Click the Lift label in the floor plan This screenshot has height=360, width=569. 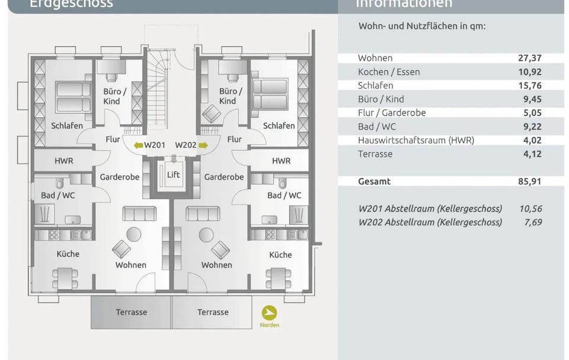click(173, 175)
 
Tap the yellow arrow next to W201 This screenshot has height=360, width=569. click(139, 145)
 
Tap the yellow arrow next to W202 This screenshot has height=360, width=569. click(203, 145)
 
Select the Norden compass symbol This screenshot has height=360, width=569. click(269, 313)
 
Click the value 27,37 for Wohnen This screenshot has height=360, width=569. click(529, 58)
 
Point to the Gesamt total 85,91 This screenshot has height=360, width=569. click(529, 181)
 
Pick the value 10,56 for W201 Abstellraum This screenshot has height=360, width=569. click(530, 209)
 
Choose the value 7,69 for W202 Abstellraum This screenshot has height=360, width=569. click(532, 222)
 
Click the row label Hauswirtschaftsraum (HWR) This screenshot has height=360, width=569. click(415, 141)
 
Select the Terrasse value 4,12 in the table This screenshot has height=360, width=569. click(530, 154)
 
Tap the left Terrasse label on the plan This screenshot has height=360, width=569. click(131, 312)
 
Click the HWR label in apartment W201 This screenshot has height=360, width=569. click(64, 161)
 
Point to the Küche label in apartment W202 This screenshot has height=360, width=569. click(280, 254)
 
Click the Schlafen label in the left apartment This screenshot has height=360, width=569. click(67, 126)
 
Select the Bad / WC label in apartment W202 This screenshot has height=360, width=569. click(284, 195)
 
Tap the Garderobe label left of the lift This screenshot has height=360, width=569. click(119, 177)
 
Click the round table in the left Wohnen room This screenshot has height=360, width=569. click(134, 233)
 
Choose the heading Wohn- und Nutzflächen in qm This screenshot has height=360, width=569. click(421, 26)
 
